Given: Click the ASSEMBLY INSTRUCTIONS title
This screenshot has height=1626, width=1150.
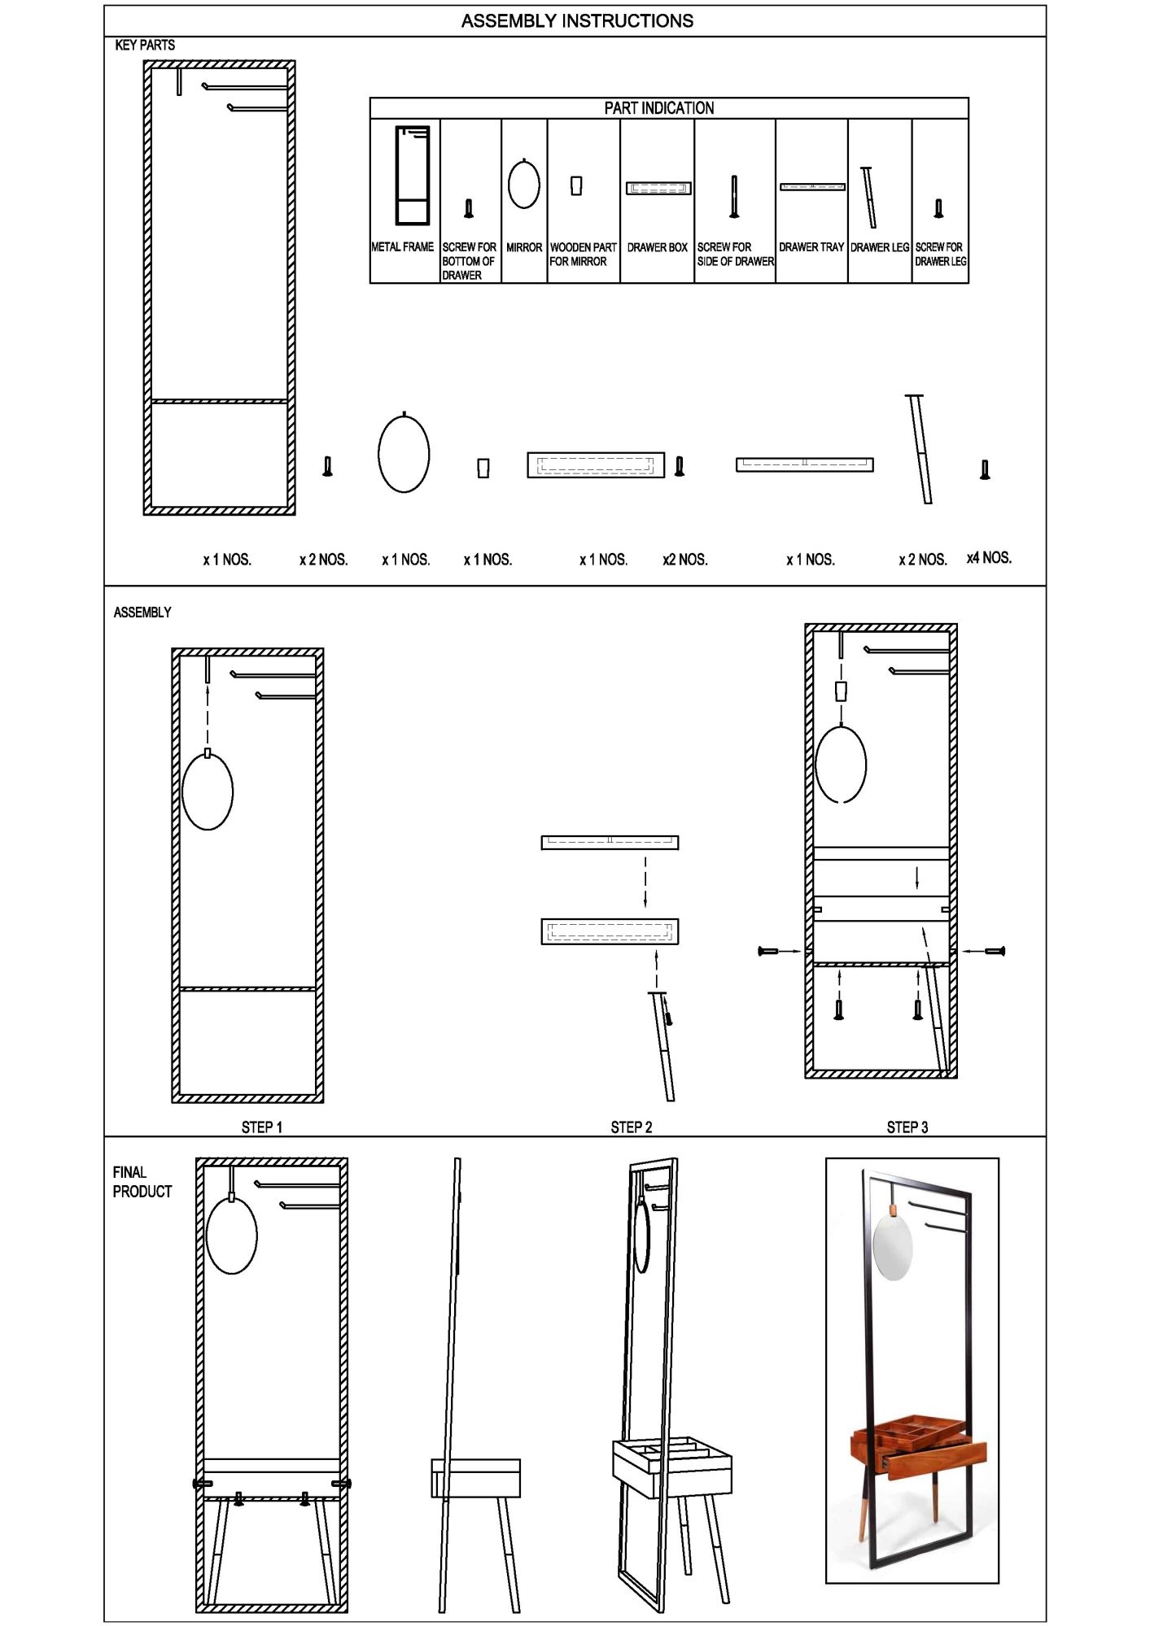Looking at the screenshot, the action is [x=577, y=21].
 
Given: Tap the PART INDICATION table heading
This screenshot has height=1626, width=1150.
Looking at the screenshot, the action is [x=659, y=108].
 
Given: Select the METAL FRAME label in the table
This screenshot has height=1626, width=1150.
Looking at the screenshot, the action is [x=403, y=247].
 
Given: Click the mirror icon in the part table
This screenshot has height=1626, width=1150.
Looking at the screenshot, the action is [x=524, y=183].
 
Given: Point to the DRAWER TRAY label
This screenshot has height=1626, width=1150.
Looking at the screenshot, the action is [x=811, y=247].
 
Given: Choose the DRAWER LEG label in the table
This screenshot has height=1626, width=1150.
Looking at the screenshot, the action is [x=880, y=247].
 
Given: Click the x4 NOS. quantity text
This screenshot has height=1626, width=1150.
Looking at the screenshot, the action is [x=989, y=558].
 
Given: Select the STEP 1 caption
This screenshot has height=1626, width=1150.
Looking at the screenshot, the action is [x=262, y=1127].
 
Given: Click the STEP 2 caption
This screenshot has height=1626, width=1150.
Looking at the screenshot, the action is [x=632, y=1127].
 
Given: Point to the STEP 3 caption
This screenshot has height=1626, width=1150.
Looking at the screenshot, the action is [x=907, y=1127].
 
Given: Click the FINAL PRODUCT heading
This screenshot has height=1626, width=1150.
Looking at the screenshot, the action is [x=142, y=1182].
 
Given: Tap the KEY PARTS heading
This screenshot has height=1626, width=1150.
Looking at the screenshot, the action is [x=145, y=46].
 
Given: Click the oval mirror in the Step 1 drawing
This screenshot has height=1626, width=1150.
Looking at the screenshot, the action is [x=208, y=789].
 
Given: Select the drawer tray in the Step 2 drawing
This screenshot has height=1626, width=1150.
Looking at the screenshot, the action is [x=610, y=843].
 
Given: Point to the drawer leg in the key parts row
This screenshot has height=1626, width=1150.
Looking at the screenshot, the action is [x=920, y=449].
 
